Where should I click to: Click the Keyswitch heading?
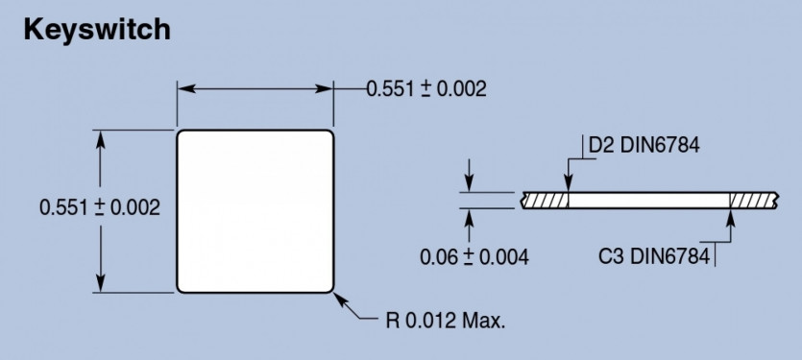pyautogui.click(x=97, y=31)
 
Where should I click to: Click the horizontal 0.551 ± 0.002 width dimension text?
pyautogui.click(x=426, y=89)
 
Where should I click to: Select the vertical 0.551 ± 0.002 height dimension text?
pyautogui.click(x=100, y=207)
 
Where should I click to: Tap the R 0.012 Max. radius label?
pyautogui.click(x=446, y=321)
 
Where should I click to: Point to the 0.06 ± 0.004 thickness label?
pyautogui.click(x=474, y=256)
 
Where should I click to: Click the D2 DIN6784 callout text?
pyautogui.click(x=644, y=146)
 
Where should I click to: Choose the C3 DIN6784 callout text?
pyautogui.click(x=654, y=255)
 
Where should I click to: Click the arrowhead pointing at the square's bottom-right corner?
pyautogui.click(x=341, y=300)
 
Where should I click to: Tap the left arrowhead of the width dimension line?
pyautogui.click(x=186, y=88)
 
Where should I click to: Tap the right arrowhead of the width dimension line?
pyautogui.click(x=324, y=88)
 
